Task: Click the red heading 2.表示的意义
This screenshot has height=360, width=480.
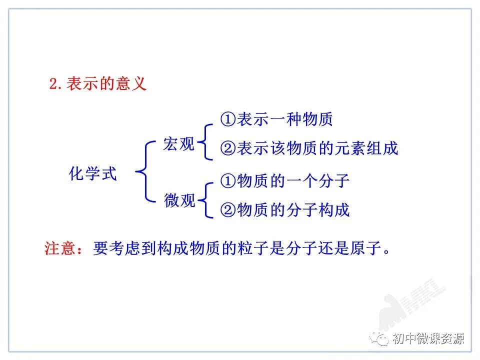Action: tap(97, 83)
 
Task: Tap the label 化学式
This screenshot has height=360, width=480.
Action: tap(93, 174)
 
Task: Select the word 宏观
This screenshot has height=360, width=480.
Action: tap(178, 144)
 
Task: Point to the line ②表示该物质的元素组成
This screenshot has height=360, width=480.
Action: tap(309, 148)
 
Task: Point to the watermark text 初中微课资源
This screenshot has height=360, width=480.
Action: tap(428, 338)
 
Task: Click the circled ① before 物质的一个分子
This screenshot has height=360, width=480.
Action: tap(227, 180)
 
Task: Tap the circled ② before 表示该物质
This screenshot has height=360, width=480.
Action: tap(227, 148)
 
